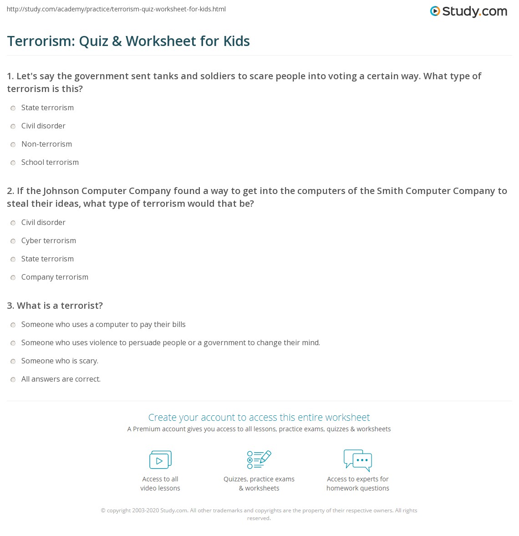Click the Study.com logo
pos(468,11)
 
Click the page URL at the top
pos(116,9)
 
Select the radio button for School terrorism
pos(13,163)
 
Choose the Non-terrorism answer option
pos(46,144)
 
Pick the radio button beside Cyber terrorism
pos(13,241)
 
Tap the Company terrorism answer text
pos(55,277)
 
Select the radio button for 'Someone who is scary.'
pos(13,362)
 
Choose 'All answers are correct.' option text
pos(61,379)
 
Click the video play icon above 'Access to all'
pos(160,460)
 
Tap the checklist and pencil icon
pos(259,459)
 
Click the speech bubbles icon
pos(358,460)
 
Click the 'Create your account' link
pos(259,418)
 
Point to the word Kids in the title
pos(236,41)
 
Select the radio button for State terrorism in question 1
pos(13,108)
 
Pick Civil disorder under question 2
pos(43,223)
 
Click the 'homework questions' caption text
pos(358,488)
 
